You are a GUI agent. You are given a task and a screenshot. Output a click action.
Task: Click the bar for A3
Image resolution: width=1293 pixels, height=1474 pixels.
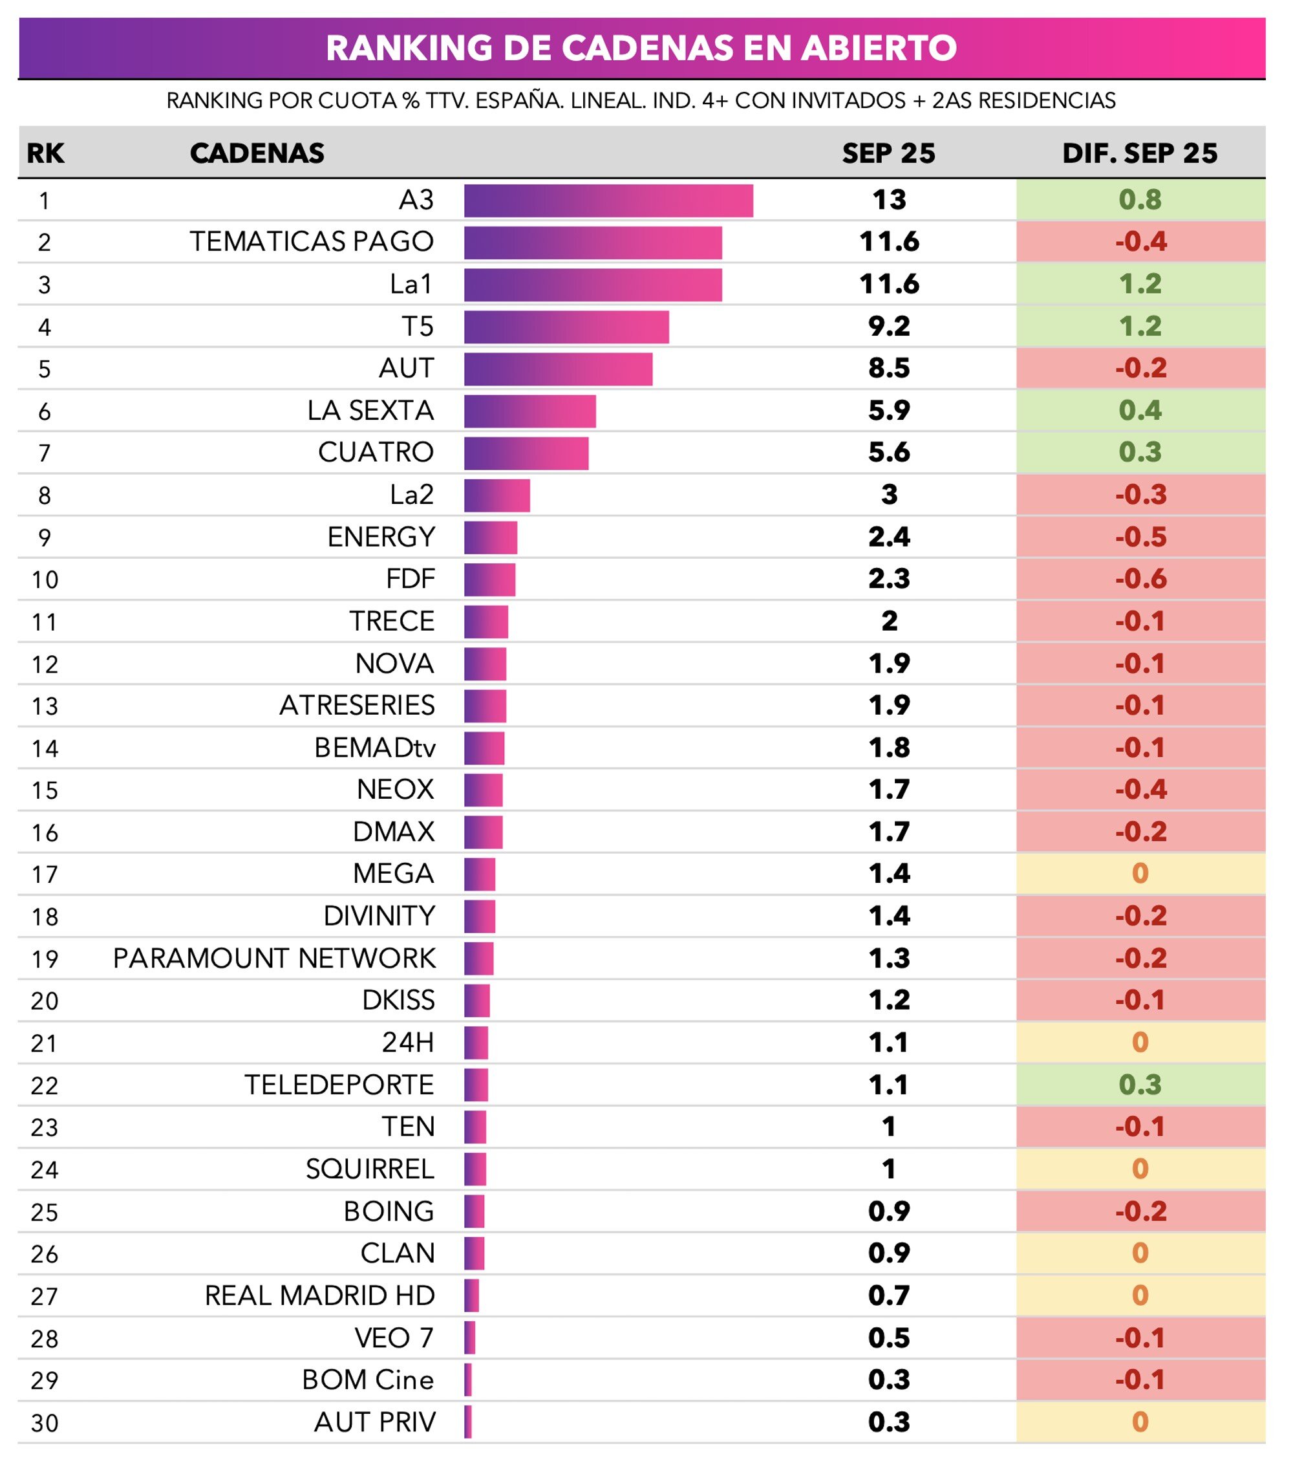tap(608, 201)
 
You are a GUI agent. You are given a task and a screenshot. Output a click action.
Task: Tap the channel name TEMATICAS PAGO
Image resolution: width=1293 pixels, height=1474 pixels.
tap(312, 242)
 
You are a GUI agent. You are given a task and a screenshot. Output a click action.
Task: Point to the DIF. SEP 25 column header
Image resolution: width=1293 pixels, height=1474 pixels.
tap(1138, 153)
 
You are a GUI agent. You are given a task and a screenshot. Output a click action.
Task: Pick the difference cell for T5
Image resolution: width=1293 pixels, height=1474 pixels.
tap(1140, 326)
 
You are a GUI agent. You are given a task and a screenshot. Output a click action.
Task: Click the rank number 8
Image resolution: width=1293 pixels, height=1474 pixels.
tap(45, 495)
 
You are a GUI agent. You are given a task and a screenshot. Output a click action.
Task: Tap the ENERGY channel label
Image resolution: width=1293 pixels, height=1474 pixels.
tap(381, 537)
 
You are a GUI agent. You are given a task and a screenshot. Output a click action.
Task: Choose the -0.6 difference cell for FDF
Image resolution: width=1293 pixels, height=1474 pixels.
tap(1140, 579)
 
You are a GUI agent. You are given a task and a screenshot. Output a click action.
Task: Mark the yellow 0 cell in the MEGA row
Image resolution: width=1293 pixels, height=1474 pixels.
tap(1140, 874)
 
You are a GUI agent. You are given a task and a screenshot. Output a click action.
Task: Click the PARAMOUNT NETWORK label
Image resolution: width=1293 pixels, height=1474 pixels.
tap(274, 959)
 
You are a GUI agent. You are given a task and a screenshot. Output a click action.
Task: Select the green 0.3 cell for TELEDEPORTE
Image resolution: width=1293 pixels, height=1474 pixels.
tap(1140, 1085)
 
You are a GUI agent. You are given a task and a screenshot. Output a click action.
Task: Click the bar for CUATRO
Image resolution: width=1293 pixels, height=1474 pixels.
tap(526, 453)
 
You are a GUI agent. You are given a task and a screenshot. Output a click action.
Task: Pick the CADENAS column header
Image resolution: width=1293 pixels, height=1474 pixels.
tap(257, 153)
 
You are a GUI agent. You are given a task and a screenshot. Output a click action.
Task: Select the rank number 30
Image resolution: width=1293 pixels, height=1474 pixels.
tap(45, 1423)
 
